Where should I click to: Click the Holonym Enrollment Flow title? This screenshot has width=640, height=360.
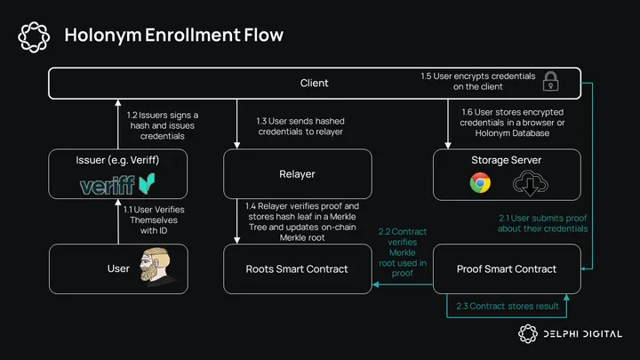point(173,36)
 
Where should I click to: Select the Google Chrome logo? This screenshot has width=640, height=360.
point(480,184)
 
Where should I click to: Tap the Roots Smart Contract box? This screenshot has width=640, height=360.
point(296,269)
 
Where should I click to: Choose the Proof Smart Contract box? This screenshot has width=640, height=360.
point(506,269)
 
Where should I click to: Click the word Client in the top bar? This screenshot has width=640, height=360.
point(314,83)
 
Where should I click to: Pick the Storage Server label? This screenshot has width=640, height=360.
point(506,160)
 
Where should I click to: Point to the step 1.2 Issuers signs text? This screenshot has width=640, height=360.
point(164,126)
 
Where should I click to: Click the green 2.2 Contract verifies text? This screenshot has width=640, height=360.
point(403,251)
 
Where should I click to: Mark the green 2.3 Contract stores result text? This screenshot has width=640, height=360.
point(506,308)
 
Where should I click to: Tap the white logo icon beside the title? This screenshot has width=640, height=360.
point(33,36)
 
